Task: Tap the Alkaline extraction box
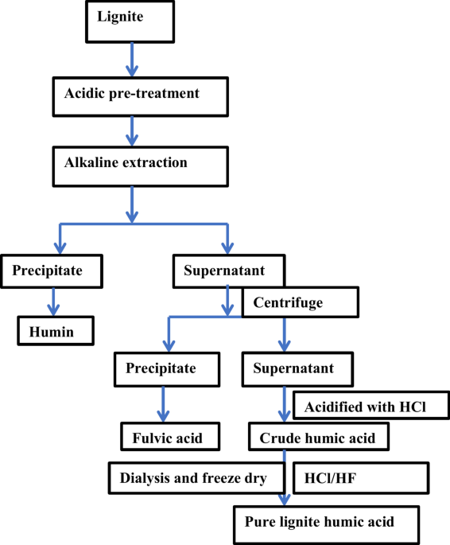(142, 164)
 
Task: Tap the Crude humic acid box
(319, 437)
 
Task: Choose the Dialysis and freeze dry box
(195, 478)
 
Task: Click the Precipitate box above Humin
(54, 271)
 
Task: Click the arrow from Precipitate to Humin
(54, 301)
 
